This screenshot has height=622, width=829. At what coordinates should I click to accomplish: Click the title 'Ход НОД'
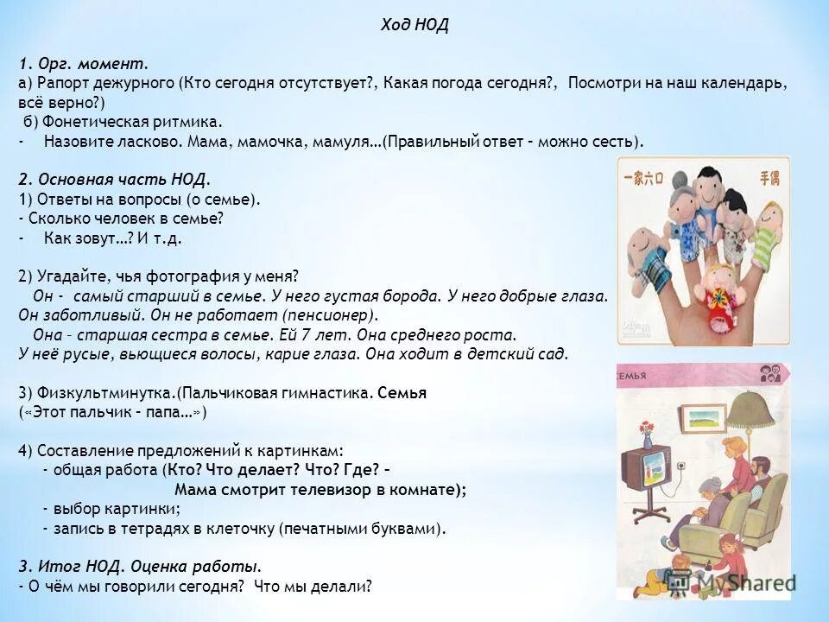point(414,26)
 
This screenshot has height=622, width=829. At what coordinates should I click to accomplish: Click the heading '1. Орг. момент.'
point(84,64)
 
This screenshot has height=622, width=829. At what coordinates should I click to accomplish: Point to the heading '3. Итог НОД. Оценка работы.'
point(140,567)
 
